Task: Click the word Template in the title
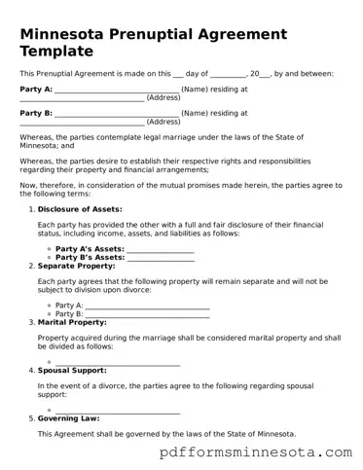(57, 51)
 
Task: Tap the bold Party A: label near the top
(36, 89)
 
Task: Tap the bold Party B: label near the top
(36, 113)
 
